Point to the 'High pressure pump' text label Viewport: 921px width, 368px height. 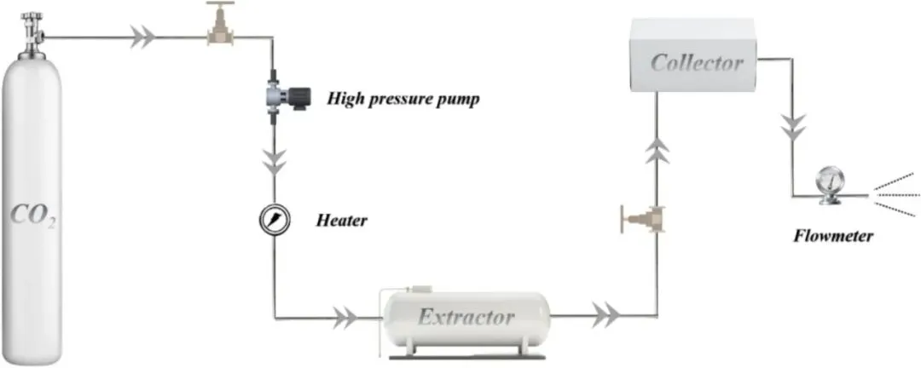point(403,99)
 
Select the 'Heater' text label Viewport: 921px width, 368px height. point(341,221)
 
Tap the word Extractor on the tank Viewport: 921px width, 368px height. point(466,318)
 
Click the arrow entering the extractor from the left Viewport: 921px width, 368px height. point(344,319)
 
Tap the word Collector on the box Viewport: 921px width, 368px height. point(697,62)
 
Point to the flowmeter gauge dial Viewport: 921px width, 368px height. point(828,181)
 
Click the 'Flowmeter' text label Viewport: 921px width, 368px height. point(831,235)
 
